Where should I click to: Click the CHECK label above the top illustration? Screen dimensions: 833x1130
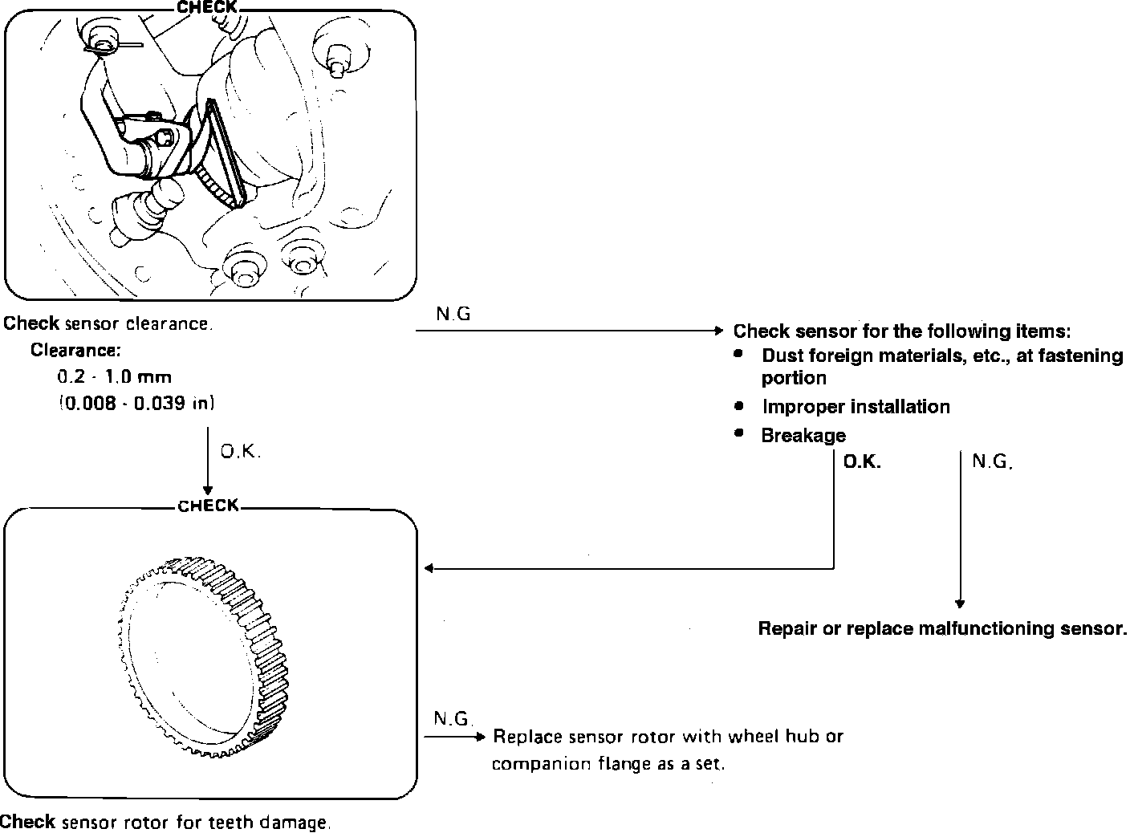click(206, 7)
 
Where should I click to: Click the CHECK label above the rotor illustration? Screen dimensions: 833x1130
click(208, 506)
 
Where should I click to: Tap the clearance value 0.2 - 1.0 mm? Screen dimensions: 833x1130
click(115, 376)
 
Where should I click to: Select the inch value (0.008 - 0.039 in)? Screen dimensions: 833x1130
click(136, 403)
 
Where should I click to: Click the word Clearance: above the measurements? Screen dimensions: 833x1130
click(75, 350)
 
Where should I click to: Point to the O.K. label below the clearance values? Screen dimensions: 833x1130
click(241, 452)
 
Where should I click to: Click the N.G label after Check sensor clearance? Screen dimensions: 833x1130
click(453, 314)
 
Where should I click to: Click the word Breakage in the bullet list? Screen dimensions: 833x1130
click(803, 435)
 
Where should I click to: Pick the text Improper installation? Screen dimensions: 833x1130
click(856, 407)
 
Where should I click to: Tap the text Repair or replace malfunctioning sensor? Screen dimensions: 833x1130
click(942, 628)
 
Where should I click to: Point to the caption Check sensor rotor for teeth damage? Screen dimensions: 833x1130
click(165, 823)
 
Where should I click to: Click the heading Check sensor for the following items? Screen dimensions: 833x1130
click(902, 331)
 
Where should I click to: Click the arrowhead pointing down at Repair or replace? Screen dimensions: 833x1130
click(960, 604)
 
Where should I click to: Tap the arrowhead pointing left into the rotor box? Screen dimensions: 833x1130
click(429, 568)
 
